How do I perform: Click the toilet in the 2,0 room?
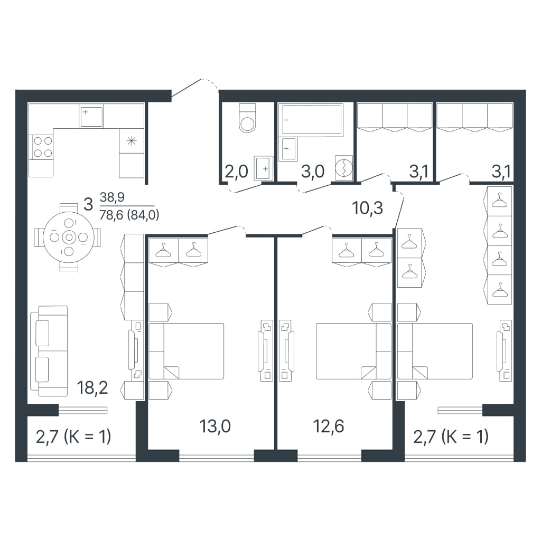tap(248, 118)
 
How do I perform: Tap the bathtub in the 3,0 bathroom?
tap(312, 120)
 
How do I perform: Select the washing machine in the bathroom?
tap(344, 168)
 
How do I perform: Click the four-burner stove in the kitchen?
tap(43, 147)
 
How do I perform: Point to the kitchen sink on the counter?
tap(91, 116)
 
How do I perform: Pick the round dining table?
tap(69, 237)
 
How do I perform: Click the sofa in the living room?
tap(49, 350)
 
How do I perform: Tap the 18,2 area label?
tap(92, 388)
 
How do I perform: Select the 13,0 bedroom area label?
tap(215, 426)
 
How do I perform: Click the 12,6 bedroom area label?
tap(329, 426)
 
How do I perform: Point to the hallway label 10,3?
tap(368, 208)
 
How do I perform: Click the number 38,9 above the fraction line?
tap(112, 197)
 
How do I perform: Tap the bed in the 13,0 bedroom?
tap(186, 351)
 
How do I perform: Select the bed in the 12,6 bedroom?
tap(354, 351)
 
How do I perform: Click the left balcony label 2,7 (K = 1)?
tap(73, 437)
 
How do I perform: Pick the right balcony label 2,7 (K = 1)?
tap(451, 437)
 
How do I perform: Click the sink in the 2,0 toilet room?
tap(264, 168)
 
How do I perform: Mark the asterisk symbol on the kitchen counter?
tap(131, 141)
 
